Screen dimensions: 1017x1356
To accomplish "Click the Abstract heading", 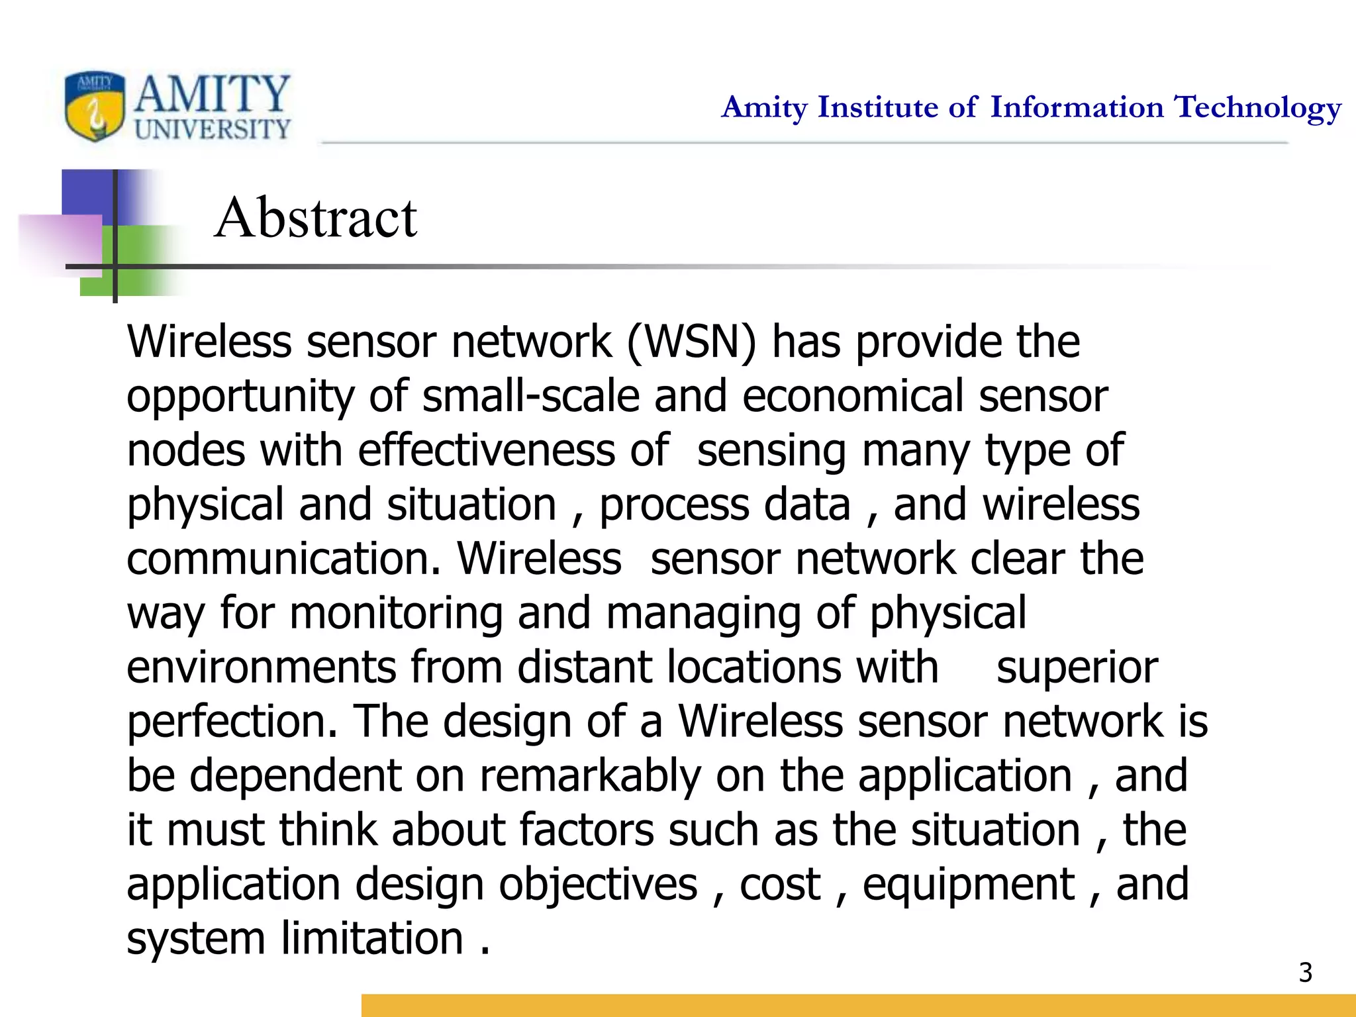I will pos(316,218).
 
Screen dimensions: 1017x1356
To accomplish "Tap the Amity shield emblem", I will pos(95,107).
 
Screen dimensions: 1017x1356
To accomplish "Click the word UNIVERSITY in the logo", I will pos(213,129).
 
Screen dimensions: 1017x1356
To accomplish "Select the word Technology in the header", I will pos(1257,108).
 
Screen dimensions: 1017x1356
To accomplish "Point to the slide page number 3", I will pos(1305,973).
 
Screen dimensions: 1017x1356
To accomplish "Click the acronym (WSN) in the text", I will pos(691,342).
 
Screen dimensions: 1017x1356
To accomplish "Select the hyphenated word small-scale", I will pos(531,397).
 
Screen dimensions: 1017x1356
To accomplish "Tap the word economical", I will pos(853,397).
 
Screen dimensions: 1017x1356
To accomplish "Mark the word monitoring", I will pos(396,614).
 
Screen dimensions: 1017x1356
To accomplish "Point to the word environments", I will pos(261,667).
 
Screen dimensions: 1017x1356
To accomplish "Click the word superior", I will pos(1077,667).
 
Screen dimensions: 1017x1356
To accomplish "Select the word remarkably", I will pos(590,776).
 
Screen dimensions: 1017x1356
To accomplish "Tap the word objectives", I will pos(598,885).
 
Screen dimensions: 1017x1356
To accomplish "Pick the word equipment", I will pos(969,886).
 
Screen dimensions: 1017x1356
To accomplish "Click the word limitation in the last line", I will pos(371,939).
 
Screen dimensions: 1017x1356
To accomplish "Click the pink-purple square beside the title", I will pos(61,245).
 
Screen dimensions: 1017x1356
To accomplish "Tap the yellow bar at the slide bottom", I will pos(858,1005).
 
